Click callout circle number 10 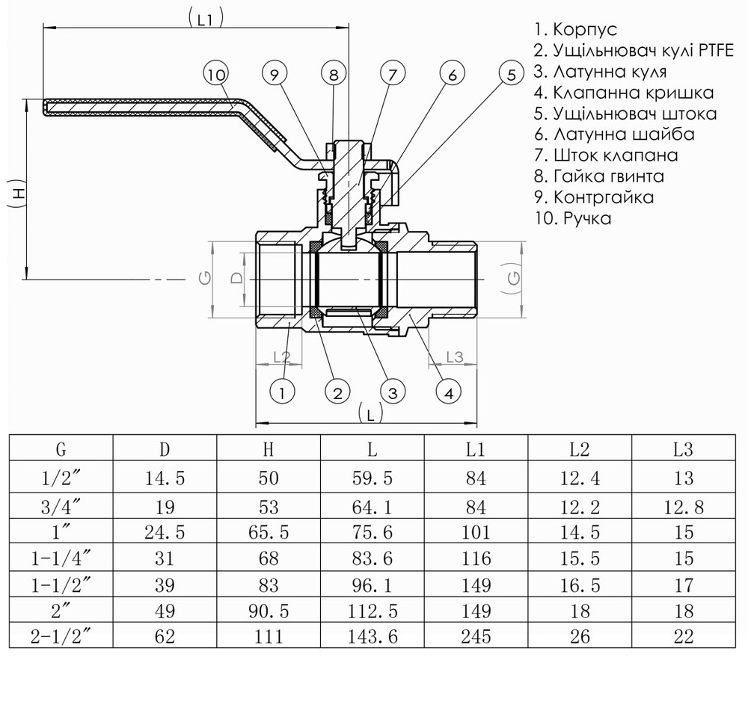pyautogui.click(x=216, y=74)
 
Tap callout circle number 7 pyautogui.click(x=392, y=74)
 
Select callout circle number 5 pyautogui.click(x=511, y=74)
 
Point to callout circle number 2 pyautogui.click(x=337, y=392)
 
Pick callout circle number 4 pyautogui.click(x=447, y=392)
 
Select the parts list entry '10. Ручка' pyautogui.click(x=573, y=218)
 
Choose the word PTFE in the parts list pyautogui.click(x=716, y=51)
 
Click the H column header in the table pyautogui.click(x=269, y=450)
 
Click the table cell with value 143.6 pyautogui.click(x=372, y=637)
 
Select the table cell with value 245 pyautogui.click(x=476, y=637)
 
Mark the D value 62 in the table pyautogui.click(x=164, y=637)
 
